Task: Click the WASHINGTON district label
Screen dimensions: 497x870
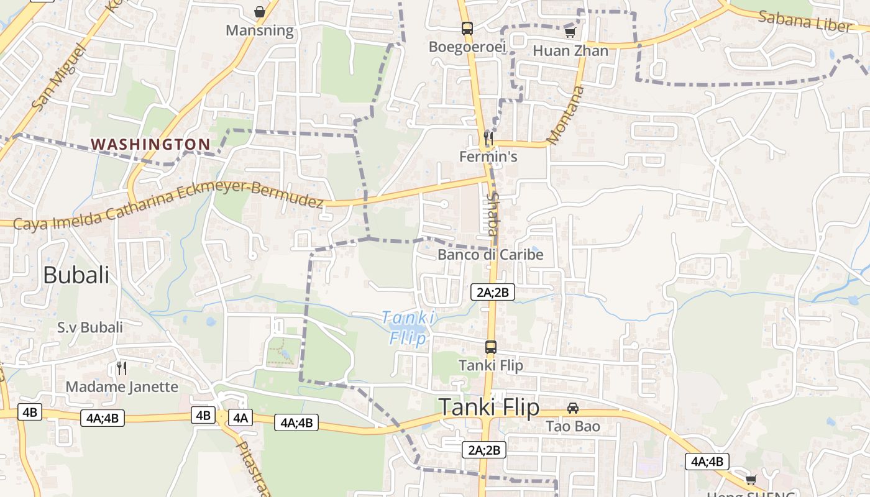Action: point(151,145)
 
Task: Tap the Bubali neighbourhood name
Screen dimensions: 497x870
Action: point(76,275)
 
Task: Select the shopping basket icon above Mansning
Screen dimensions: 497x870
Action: point(260,12)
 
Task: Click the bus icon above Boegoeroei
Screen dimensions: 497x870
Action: point(467,29)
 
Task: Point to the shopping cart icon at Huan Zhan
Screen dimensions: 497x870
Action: point(570,32)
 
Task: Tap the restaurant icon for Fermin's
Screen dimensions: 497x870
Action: point(488,138)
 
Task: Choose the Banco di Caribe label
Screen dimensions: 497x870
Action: point(490,255)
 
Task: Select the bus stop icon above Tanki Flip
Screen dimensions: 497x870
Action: point(491,347)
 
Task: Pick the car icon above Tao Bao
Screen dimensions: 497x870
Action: point(573,408)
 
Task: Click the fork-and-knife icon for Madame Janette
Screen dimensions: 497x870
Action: point(122,368)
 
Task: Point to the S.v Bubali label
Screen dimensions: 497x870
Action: point(90,327)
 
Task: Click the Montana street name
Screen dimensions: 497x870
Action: point(566,114)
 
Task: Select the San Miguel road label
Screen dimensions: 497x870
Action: point(57,77)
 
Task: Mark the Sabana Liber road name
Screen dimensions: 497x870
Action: point(804,21)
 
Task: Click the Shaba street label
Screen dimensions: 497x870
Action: point(492,214)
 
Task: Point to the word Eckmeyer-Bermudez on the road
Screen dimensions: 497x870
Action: point(251,194)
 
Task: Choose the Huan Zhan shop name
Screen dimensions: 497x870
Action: point(570,51)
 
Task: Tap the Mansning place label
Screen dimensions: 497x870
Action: point(260,30)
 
